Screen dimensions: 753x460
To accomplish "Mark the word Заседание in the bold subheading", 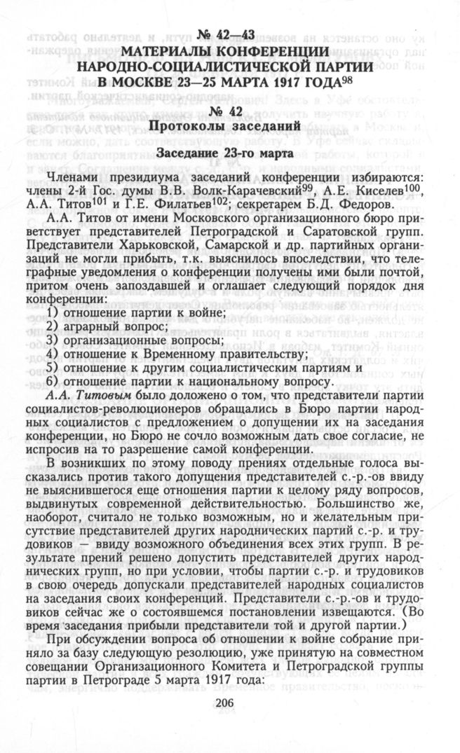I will (x=189, y=152).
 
